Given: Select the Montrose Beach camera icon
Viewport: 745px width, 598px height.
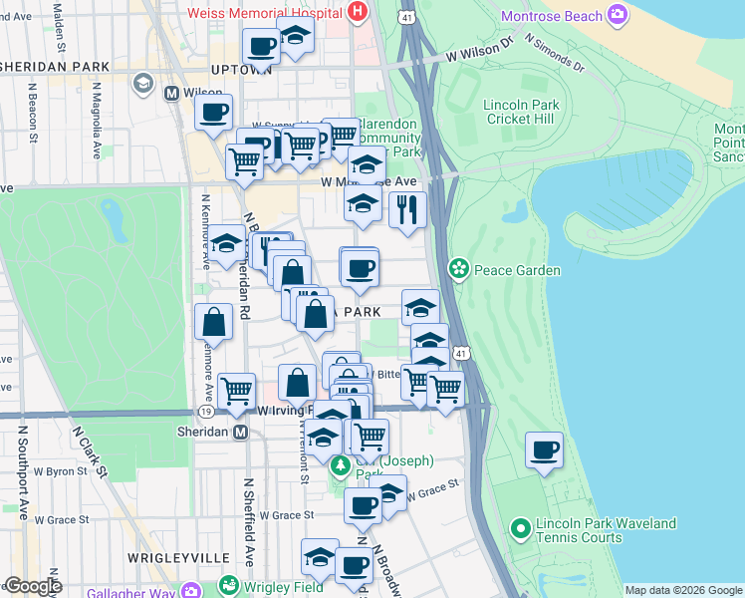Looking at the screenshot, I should pos(619,15).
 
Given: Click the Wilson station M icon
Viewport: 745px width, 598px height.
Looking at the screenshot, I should pos(171,93).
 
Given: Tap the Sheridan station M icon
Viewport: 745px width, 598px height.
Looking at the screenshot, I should pos(239,432).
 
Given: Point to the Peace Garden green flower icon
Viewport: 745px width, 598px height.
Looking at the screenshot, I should pos(458,268).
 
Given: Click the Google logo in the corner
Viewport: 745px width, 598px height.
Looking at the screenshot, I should pos(33,586).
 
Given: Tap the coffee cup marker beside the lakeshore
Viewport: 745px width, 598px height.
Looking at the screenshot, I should pos(544,449).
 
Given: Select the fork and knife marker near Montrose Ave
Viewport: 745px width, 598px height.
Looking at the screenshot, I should pos(407,209).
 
